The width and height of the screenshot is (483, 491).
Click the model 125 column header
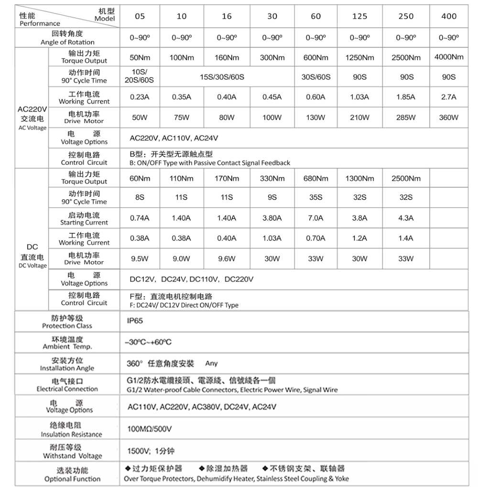pos(360,16)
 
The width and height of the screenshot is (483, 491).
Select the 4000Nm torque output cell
pos(449,57)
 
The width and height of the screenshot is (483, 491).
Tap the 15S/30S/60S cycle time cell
pos(227,77)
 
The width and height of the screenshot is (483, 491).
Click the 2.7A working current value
pos(449,97)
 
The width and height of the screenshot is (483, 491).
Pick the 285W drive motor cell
pos(406,117)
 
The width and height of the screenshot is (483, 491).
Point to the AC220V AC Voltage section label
pos(32,118)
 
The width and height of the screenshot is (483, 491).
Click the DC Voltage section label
pos(32,256)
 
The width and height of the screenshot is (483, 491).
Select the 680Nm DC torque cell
pos(316,179)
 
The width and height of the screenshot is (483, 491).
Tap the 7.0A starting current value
pos(316,218)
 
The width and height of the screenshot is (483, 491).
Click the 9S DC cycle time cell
pos(272,197)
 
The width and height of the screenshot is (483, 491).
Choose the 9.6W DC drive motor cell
pos(227,259)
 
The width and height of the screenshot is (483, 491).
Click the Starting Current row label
pos(84,218)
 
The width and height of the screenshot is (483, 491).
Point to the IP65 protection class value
pos(135,321)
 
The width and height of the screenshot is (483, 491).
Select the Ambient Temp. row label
pos(67,343)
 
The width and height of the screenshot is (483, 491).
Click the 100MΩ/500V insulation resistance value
pos(149,429)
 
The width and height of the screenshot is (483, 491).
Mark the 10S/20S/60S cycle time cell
pos(140,77)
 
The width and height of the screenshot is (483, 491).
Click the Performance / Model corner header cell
pos(67,16)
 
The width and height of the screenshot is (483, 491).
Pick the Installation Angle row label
pos(67,364)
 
